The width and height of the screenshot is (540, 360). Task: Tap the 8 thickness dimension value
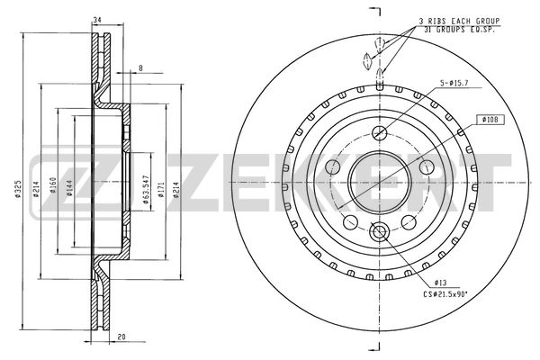(140, 67)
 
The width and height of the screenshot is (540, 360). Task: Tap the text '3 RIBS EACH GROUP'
(460, 20)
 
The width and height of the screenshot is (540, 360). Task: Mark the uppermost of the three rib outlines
(380, 43)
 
